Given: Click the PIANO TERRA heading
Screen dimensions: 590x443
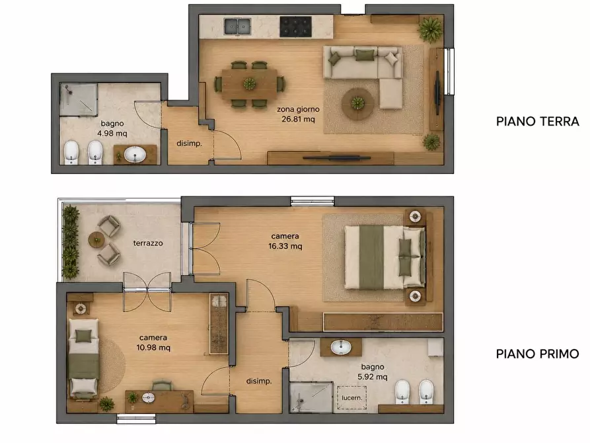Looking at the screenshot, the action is point(537,121).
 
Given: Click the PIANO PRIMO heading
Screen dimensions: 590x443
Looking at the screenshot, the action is point(537,354).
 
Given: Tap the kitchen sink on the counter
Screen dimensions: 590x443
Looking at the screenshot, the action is point(237,26).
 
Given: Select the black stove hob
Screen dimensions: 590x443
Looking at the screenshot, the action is point(295,26).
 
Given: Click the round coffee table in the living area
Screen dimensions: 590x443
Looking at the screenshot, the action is point(358,104).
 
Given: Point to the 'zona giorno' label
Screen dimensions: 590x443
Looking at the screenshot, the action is point(298,109).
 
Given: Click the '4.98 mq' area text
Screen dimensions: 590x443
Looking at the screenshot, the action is point(112,134).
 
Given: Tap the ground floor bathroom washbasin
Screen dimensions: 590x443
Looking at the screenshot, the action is point(135,155).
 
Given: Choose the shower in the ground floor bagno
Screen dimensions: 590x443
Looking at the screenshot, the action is point(79,100).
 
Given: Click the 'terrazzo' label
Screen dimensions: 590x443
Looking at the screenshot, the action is point(148,243).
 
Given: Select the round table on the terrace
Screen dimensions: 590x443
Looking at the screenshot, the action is point(96,240).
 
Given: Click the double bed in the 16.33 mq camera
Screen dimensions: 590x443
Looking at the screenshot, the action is point(385,257).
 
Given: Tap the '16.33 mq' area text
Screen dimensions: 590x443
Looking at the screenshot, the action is point(285,246).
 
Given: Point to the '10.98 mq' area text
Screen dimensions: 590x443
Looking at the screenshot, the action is point(153,347).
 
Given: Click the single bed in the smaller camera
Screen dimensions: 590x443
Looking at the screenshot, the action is point(83,358).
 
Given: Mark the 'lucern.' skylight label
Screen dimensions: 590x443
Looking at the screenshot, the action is point(351,397).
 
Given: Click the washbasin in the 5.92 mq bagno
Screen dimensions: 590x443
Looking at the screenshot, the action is point(342,347).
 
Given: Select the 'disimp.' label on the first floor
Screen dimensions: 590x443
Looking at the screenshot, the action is point(259,382).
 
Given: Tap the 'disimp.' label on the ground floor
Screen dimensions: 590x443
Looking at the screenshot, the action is point(189,143).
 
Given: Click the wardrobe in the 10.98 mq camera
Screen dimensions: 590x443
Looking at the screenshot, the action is point(219,324).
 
